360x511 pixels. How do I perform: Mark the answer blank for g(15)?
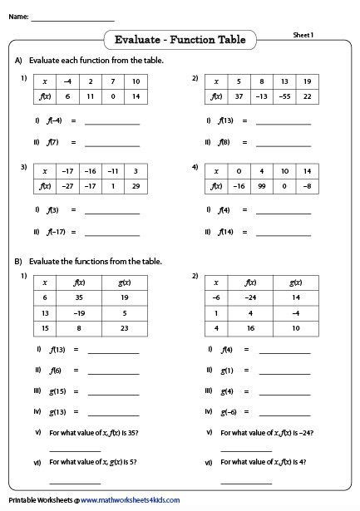pyautogui.click(x=114, y=391)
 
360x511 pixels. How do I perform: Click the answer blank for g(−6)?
pyautogui.click(x=284, y=411)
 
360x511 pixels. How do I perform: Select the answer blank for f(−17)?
pyautogui.click(x=112, y=232)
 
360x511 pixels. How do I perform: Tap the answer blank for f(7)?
pyautogui.click(x=112, y=142)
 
